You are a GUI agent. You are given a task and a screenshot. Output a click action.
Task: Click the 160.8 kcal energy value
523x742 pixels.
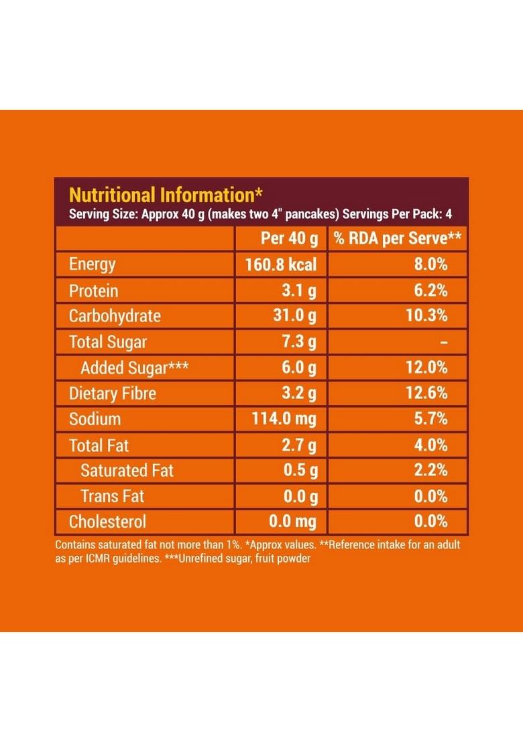click(x=281, y=265)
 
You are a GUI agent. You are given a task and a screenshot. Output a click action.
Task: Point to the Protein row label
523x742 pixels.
click(x=93, y=291)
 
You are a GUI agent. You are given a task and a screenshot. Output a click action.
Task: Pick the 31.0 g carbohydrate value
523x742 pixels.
click(x=294, y=316)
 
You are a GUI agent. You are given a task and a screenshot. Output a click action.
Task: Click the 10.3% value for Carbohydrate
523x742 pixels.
click(x=426, y=316)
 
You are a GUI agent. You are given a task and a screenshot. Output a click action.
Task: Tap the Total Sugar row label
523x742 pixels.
click(x=107, y=342)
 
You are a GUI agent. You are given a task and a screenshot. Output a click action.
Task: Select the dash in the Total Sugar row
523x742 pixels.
click(x=443, y=342)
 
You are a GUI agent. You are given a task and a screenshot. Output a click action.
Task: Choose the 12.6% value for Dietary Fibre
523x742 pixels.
click(x=426, y=393)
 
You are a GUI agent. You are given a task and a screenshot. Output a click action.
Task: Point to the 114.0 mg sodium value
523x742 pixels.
click(x=284, y=419)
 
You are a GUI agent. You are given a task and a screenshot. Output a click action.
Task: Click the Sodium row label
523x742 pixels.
click(x=95, y=419)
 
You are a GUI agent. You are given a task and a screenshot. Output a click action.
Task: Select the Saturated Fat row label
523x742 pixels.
click(x=127, y=470)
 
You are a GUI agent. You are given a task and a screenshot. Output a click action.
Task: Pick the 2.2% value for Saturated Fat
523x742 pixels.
click(x=431, y=470)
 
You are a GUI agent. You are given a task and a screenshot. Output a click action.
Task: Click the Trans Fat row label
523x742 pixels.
click(x=113, y=496)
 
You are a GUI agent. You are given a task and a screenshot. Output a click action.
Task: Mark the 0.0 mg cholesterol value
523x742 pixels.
click(x=292, y=522)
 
